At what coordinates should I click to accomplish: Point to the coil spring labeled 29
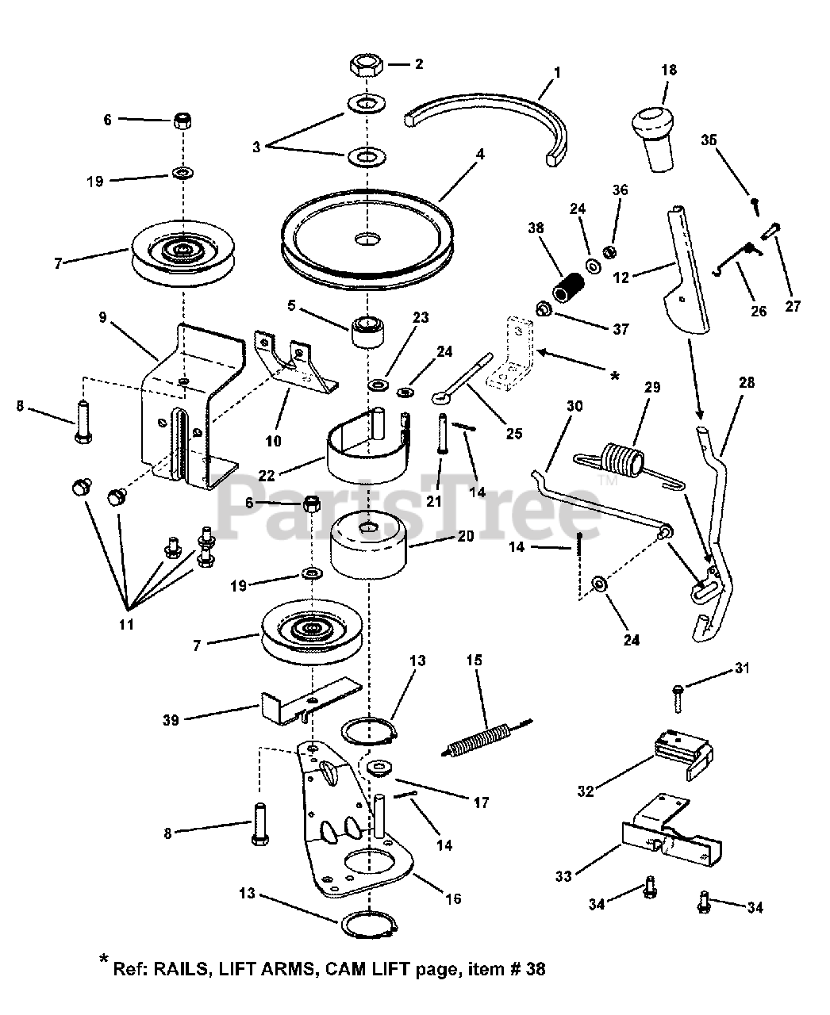click(621, 460)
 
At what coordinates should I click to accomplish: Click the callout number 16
click(454, 898)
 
